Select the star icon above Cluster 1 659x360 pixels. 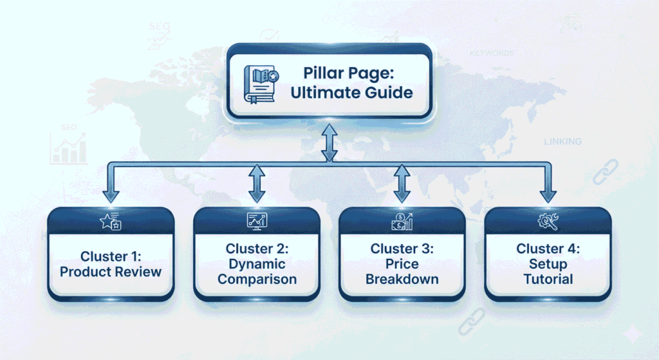pos(111,221)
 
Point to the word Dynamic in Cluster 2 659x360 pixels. pos(257,263)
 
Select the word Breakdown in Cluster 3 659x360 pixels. pos(402,279)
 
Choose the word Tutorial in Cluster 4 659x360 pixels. pos(548,279)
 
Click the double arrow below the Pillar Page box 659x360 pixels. pos(329,143)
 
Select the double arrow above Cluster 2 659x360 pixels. pos(257,184)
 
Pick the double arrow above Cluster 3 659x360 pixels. pos(402,184)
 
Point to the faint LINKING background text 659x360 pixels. pos(562,142)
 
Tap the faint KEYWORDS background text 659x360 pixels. pos(492,53)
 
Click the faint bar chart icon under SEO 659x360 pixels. pos(68,148)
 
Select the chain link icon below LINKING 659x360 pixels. pos(605,171)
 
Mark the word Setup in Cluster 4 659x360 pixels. pos(548,263)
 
